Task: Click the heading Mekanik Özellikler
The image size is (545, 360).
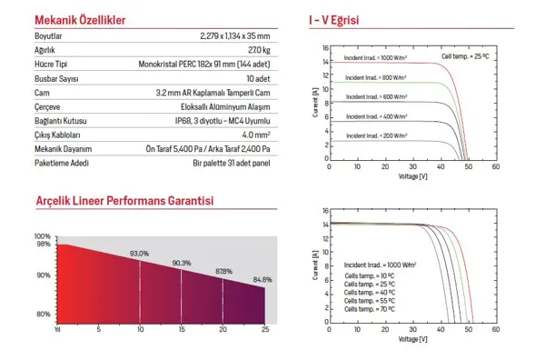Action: pos(80,20)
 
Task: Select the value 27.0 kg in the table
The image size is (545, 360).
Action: pos(259,50)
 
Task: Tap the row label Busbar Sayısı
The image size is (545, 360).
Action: pos(56,79)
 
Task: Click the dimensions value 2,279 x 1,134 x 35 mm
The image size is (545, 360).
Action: pos(235,35)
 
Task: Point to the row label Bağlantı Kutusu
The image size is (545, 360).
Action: pos(61,121)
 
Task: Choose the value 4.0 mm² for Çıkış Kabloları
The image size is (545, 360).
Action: pos(256,135)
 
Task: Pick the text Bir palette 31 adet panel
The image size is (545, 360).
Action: pos(232,163)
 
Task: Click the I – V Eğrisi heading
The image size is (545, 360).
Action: pos(333,20)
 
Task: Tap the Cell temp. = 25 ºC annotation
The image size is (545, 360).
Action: pos(465,56)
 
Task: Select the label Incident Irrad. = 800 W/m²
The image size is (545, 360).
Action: pos(376,77)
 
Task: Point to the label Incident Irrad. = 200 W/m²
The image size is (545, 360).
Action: pos(377,135)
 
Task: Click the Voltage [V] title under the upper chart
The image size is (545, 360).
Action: pos(413,176)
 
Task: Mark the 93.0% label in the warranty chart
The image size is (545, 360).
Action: pos(139,254)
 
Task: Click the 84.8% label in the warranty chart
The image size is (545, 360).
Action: pos(263,279)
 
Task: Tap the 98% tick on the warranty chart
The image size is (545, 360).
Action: pos(44,245)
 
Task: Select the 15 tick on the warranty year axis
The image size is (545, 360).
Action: pos(182,329)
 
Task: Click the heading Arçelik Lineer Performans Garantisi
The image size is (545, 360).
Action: pos(124,201)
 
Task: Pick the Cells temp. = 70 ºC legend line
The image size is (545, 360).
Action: pos(370,309)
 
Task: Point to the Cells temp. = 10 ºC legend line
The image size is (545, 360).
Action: pos(370,275)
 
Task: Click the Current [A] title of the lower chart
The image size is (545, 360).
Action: pos(315,265)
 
